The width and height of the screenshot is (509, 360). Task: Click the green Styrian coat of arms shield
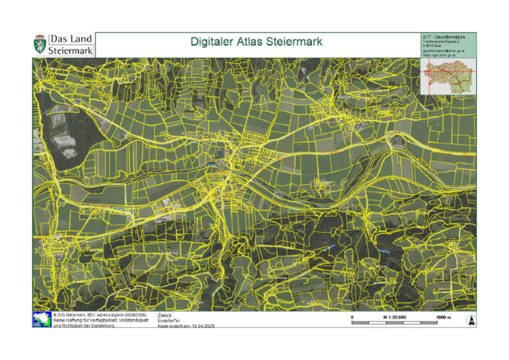pos(40,45)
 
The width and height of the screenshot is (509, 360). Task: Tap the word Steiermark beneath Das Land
pos(71,50)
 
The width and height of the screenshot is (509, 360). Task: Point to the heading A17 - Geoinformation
pos(443,36)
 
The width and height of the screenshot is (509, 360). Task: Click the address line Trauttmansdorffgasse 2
pos(440,41)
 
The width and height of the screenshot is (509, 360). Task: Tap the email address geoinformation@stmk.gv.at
pos(443,50)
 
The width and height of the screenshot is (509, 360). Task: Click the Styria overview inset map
pos(448,76)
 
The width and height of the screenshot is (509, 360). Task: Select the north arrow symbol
pos(471,321)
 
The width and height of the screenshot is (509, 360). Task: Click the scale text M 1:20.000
pos(394,318)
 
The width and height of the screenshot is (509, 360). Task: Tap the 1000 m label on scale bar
pos(443,318)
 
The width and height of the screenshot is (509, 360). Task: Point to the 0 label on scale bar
pos(352,318)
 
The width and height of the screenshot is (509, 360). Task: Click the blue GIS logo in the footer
pos(41,319)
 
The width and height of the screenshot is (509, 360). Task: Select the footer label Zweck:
pos(165,315)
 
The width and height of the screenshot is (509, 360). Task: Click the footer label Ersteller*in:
pos(170,320)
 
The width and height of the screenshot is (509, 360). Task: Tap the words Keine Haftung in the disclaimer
pos(67,320)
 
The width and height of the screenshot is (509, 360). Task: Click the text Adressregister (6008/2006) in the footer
pos(117,315)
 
